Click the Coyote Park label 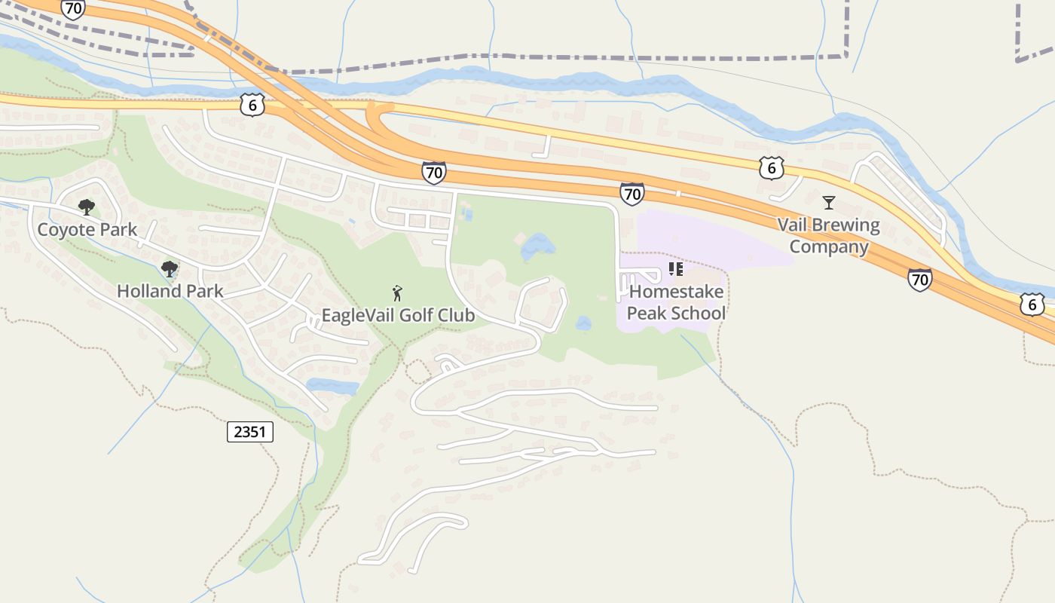pyautogui.click(x=87, y=230)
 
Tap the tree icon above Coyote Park pyautogui.click(x=87, y=207)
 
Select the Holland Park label pyautogui.click(x=170, y=291)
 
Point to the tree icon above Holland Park pyautogui.click(x=170, y=268)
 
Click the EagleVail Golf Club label pyautogui.click(x=398, y=315)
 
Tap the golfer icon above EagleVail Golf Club pyautogui.click(x=397, y=293)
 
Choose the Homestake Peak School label pyautogui.click(x=676, y=302)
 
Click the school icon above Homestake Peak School pyautogui.click(x=675, y=269)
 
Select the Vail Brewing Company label pyautogui.click(x=828, y=236)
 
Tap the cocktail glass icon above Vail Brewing pyautogui.click(x=829, y=202)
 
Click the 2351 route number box pyautogui.click(x=249, y=432)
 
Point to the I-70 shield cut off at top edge pyautogui.click(x=73, y=8)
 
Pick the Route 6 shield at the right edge pyautogui.click(x=1032, y=305)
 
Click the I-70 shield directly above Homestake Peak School pyautogui.click(x=632, y=194)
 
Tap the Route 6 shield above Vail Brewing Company pyautogui.click(x=772, y=167)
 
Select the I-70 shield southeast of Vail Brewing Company pyautogui.click(x=919, y=280)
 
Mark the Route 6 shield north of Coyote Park pyautogui.click(x=252, y=105)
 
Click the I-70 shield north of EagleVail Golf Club pyautogui.click(x=433, y=172)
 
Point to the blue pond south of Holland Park pyautogui.click(x=332, y=387)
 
